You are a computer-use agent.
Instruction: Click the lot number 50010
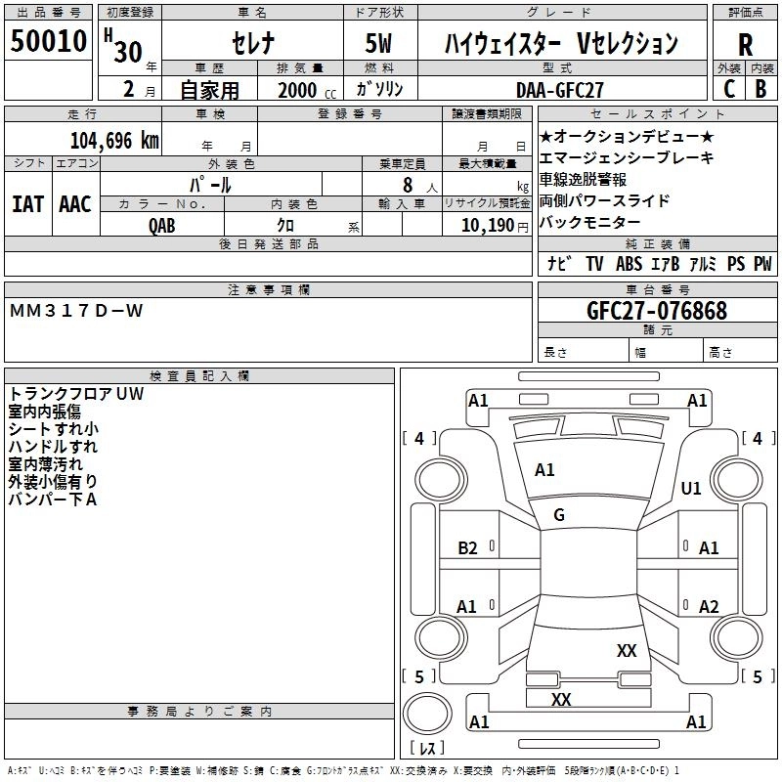pos(48,42)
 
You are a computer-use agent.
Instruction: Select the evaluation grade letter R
pos(745,45)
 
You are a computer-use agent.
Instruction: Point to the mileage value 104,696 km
pos(114,140)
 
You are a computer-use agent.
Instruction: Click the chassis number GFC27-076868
pos(656,311)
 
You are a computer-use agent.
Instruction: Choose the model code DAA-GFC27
pos(560,89)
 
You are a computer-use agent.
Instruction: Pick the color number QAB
pos(162,224)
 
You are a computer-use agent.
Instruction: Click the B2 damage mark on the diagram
pos(468,548)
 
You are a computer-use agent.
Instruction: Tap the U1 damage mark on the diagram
pos(691,489)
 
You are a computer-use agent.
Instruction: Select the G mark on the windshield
pos(559,514)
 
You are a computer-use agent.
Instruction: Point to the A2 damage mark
pos(709,606)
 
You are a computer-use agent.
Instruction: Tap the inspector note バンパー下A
pos(53,500)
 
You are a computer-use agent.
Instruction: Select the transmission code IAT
pos(27,203)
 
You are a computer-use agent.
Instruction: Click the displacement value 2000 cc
pos(298,90)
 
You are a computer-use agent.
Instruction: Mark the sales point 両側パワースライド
pos(604,200)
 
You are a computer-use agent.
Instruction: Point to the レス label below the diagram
pos(427,749)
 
